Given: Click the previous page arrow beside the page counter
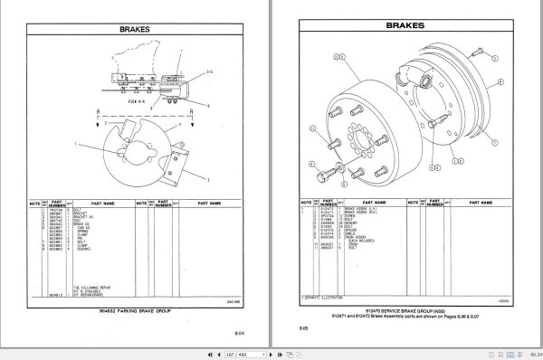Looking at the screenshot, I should (x=223, y=352).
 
